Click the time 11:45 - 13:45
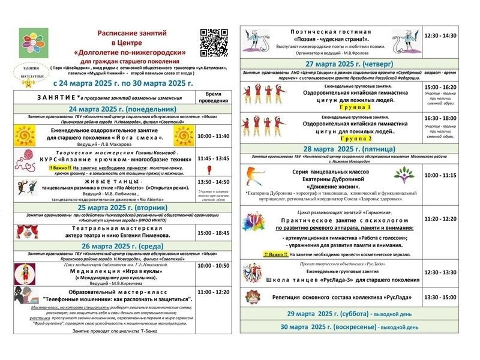[x=213, y=159]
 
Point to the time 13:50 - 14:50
[x=213, y=181]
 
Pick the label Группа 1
[x=340, y=106]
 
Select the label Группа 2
[x=340, y=137]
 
